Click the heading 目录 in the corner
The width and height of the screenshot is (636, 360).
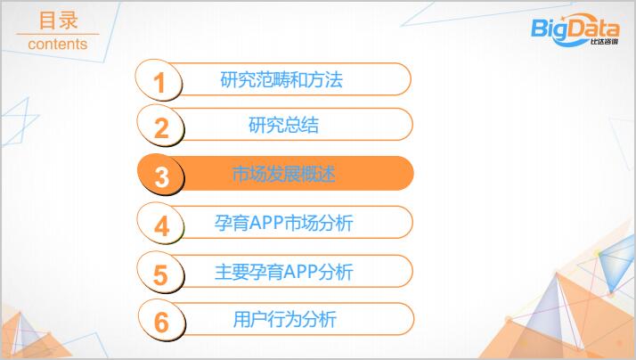[58, 20]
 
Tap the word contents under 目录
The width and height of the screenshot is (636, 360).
[58, 44]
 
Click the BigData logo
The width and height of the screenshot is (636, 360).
[575, 29]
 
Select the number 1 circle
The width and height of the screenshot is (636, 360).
[159, 80]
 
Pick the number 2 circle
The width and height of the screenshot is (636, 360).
[160, 126]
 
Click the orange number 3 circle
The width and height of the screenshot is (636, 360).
[161, 175]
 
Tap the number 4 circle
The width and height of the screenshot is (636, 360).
[160, 224]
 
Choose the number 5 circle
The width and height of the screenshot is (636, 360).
[160, 273]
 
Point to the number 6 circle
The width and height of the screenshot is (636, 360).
[161, 320]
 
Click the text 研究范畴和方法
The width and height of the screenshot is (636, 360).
[281, 79]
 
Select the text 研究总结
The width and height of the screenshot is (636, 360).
[283, 125]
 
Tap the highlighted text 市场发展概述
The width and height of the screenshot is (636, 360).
[283, 174]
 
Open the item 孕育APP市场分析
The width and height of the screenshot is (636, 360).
[283, 223]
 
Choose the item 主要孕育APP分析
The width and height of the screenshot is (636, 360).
[283, 272]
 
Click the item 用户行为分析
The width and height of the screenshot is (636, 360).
[284, 319]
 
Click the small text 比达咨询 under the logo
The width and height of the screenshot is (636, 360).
[604, 41]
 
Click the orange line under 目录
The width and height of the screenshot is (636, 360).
[58, 34]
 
